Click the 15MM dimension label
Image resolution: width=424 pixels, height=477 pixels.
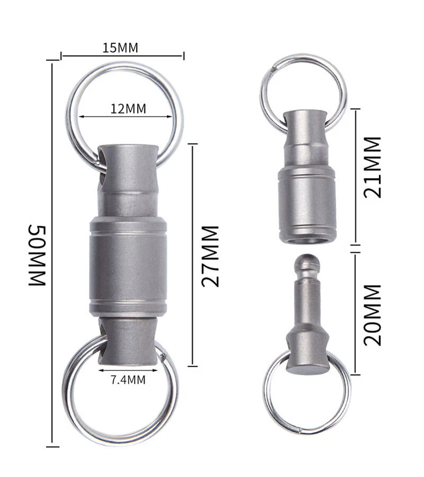click(x=120, y=48)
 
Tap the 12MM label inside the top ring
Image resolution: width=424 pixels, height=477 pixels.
click(x=128, y=109)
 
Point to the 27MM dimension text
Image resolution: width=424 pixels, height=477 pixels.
click(x=210, y=256)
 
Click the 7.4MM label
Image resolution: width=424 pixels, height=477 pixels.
click(x=128, y=380)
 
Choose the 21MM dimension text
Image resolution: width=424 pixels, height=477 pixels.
click(x=372, y=167)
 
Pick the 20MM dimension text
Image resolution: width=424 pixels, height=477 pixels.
click(x=372, y=315)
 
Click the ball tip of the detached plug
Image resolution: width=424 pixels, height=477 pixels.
click(x=308, y=263)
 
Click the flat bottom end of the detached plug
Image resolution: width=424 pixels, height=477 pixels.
click(x=307, y=369)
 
